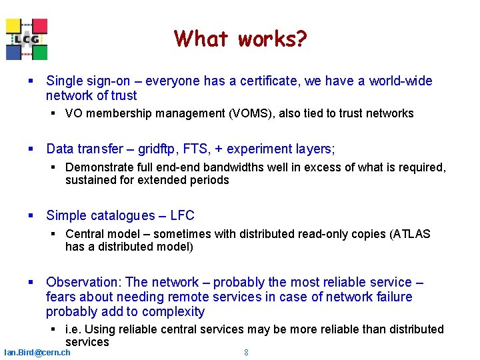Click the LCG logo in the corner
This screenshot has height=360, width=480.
coord(27,39)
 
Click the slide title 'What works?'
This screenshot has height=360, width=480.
coord(240,39)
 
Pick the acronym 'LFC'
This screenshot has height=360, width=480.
coord(182,215)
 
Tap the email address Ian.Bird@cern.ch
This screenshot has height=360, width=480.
coord(37,352)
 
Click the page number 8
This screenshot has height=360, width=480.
coord(246,352)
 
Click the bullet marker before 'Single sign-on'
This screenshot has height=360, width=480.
coord(31,81)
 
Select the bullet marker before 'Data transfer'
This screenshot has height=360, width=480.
coord(31,149)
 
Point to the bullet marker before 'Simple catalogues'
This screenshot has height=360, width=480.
coord(31,215)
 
